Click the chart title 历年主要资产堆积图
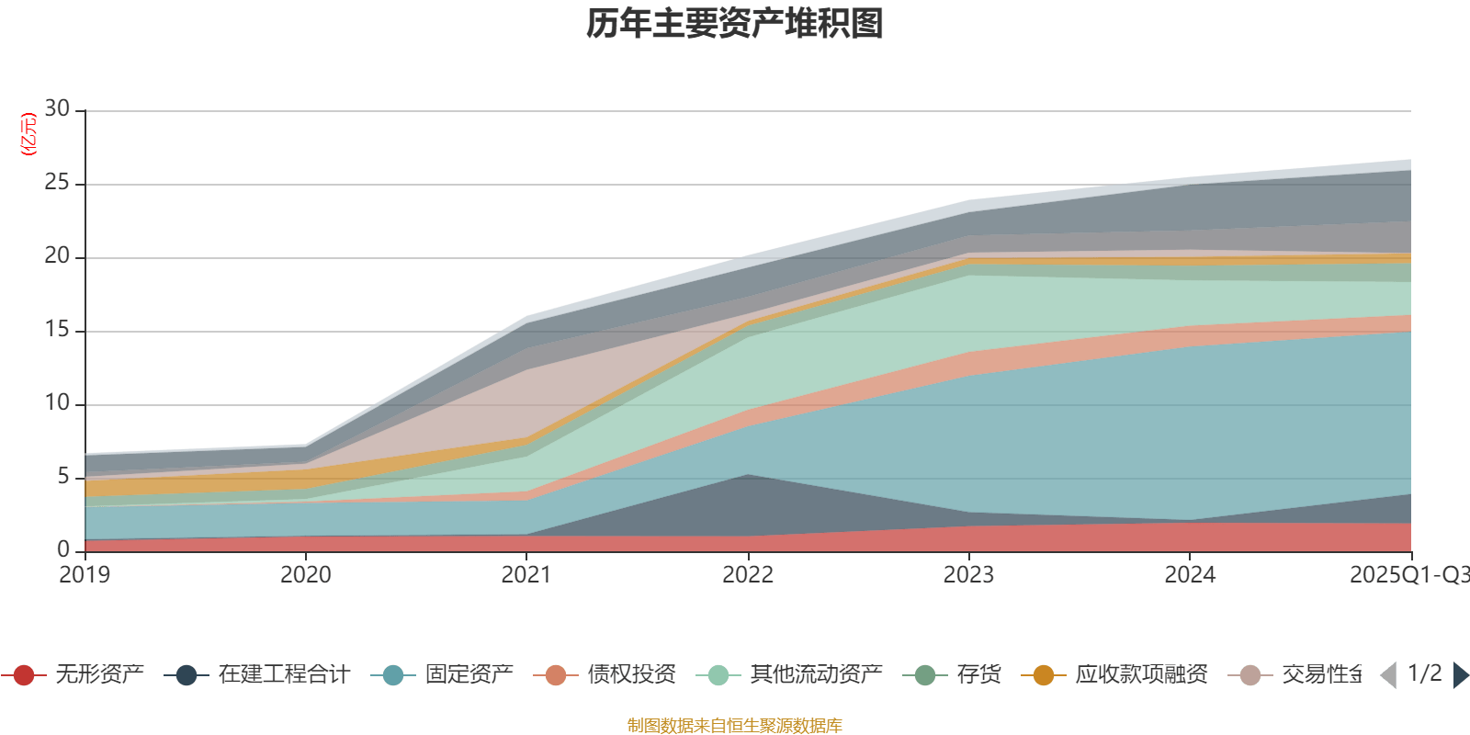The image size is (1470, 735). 735,24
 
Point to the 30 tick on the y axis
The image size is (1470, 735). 57,108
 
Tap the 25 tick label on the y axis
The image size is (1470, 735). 57,183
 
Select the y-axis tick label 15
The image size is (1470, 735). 57,330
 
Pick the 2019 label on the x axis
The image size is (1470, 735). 85,575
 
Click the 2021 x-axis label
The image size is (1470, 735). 526,575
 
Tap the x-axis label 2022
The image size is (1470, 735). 748,575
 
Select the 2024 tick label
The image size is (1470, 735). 1190,575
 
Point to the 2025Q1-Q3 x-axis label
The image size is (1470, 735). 1408,575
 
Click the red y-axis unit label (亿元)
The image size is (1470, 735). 28,134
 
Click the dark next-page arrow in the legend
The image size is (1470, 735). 1460,675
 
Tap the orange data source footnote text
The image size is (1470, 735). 735,726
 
